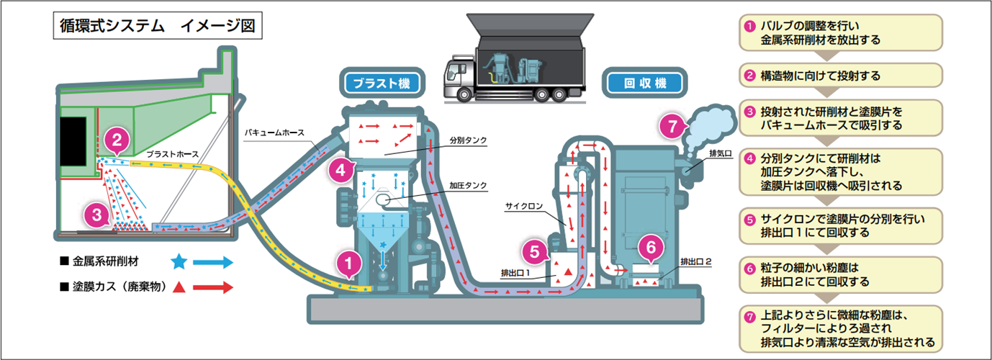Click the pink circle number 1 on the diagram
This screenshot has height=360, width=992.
[x=349, y=264]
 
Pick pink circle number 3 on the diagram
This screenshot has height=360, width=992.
[x=96, y=213]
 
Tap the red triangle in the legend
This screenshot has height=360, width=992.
[x=180, y=287]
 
